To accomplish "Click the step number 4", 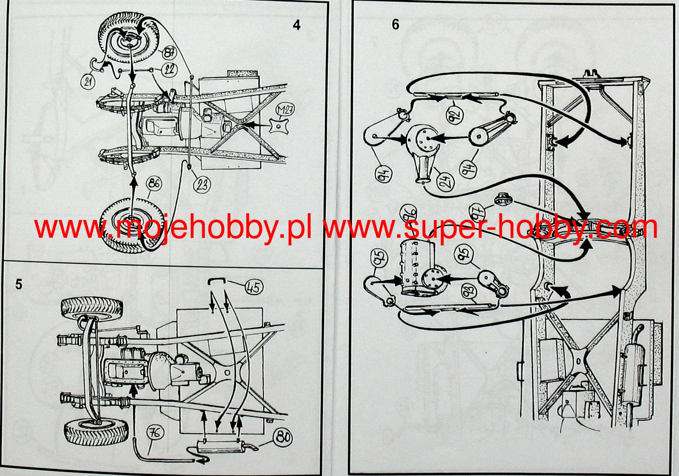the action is (297, 25).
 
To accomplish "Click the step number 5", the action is (19, 285).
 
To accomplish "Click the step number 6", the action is (395, 24).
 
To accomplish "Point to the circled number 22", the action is (169, 70).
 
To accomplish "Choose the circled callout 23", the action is (202, 184).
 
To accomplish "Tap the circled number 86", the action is (154, 183).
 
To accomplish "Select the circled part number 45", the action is (254, 287).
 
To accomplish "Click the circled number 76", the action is (155, 433).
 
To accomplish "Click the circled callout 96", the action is (408, 213).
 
